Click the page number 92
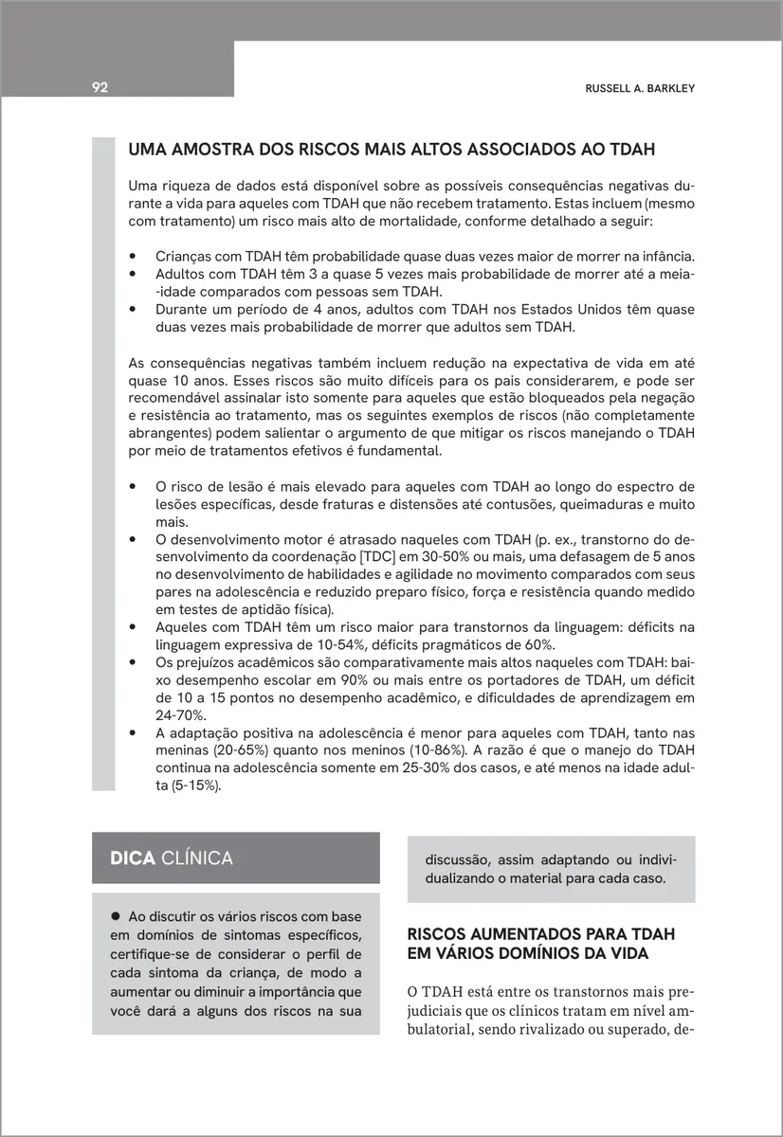click(100, 88)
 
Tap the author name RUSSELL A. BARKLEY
click(640, 88)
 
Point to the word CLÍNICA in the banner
click(197, 858)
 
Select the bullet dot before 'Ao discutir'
click(117, 916)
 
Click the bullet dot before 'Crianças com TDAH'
click(134, 257)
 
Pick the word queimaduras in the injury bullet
click(608, 504)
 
